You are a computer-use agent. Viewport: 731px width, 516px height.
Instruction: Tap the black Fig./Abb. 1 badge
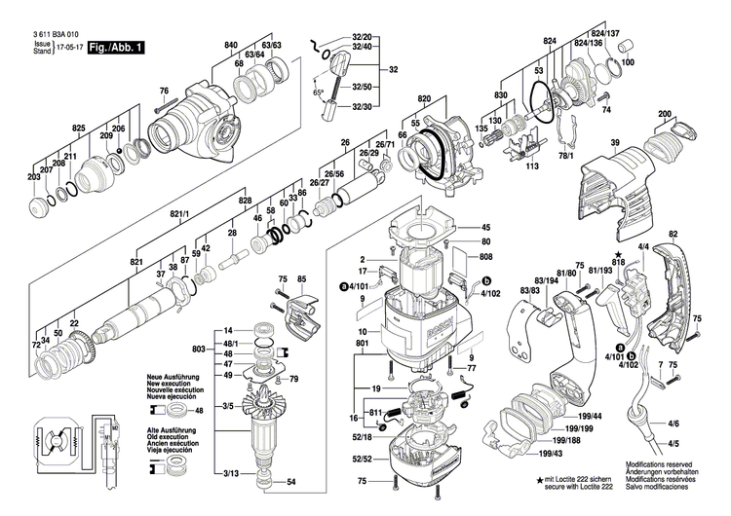[x=114, y=47]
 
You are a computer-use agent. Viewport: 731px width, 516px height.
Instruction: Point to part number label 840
[x=231, y=47]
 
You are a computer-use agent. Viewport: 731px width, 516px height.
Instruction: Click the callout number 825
[x=79, y=129]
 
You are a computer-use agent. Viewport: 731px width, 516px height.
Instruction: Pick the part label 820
[x=424, y=100]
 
